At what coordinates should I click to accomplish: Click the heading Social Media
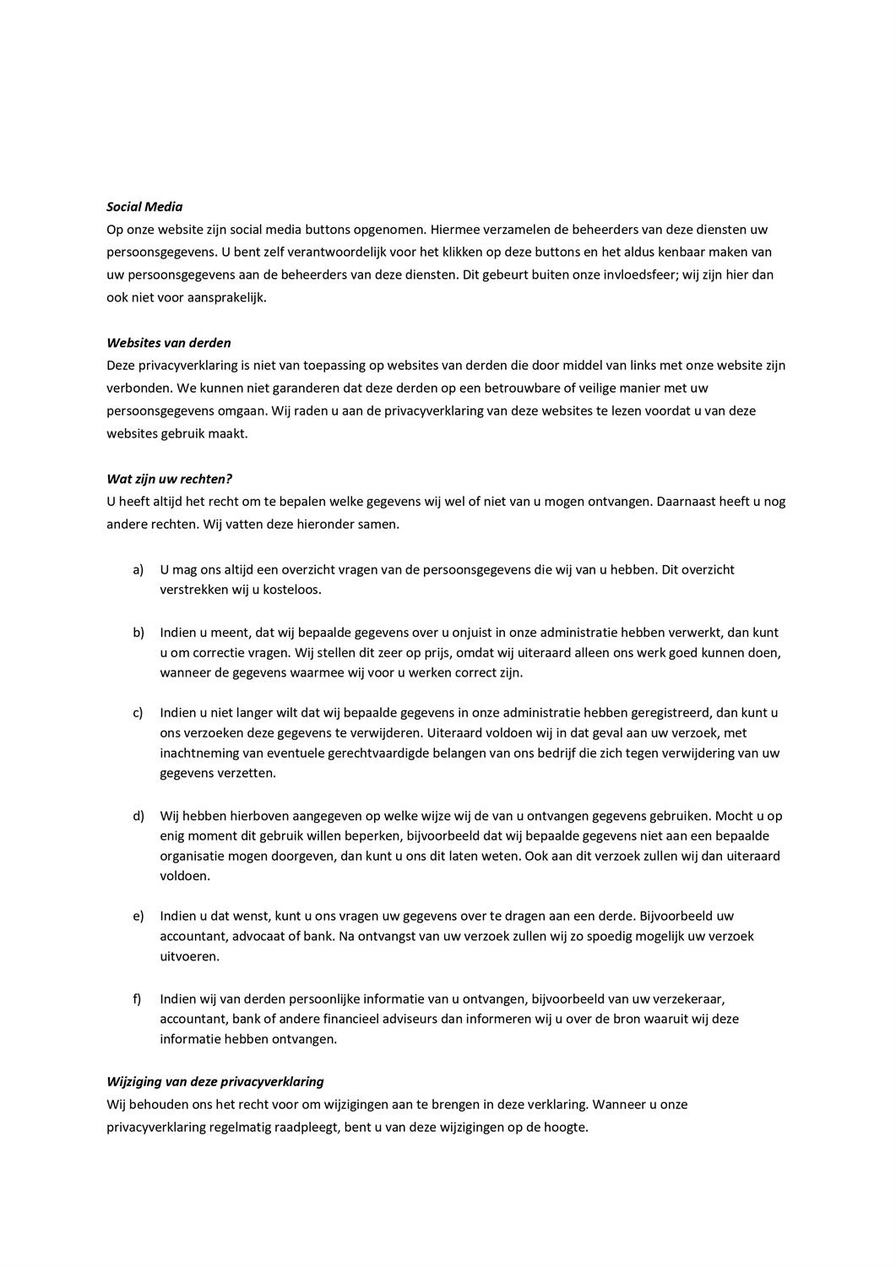pyautogui.click(x=144, y=206)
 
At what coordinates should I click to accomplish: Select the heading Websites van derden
pyautogui.click(x=169, y=343)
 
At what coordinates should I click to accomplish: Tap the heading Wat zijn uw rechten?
pyautogui.click(x=169, y=479)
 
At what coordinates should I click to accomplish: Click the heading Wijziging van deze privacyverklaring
pyautogui.click(x=215, y=1081)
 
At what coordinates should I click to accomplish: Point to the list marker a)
pyautogui.click(x=138, y=569)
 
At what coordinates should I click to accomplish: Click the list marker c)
pyautogui.click(x=138, y=712)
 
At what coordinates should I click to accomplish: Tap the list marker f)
pyautogui.click(x=137, y=998)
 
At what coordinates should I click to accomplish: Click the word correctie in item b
pyautogui.click(x=217, y=653)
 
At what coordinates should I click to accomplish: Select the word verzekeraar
pyautogui.click(x=688, y=998)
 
